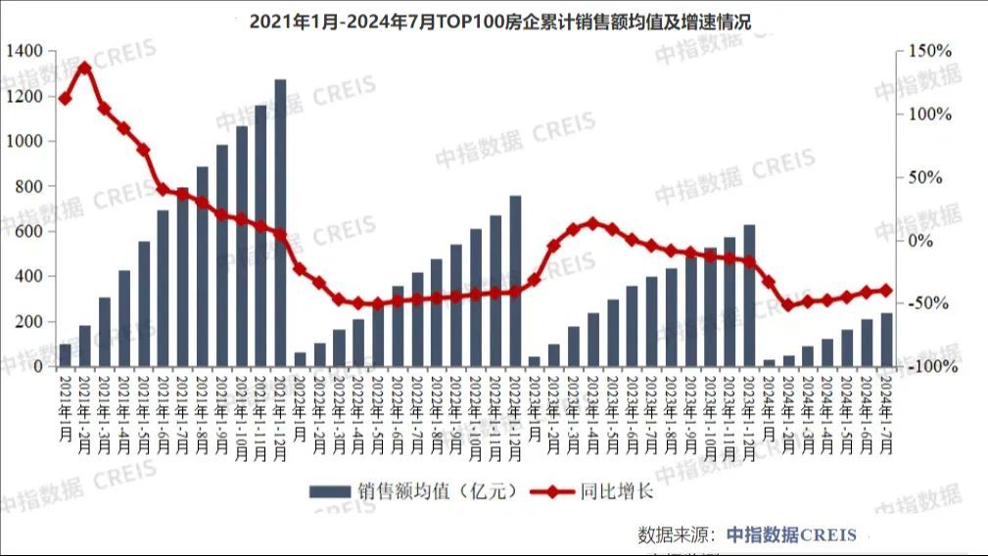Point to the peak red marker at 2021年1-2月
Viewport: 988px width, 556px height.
[x=85, y=68]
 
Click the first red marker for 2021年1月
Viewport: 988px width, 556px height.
[x=66, y=98]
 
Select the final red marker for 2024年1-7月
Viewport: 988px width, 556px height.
[x=886, y=290]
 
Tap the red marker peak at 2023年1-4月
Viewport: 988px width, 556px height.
[x=593, y=223]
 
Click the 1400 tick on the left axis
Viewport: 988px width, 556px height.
[x=25, y=51]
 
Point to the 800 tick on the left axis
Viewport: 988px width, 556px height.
[x=29, y=186]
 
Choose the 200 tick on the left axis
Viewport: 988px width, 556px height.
[x=29, y=321]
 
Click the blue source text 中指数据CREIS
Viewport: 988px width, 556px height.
[x=791, y=534]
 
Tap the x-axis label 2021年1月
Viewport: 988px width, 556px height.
[x=66, y=409]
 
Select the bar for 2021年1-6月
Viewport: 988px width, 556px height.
[x=163, y=289]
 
